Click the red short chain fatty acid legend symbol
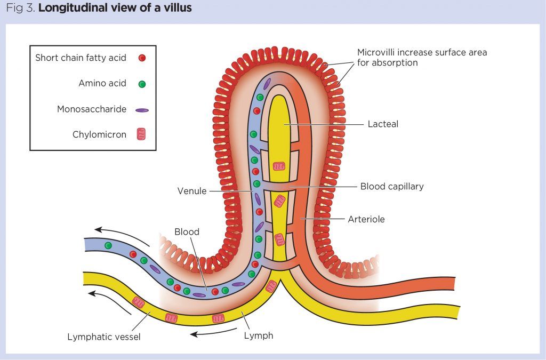(x=141, y=58)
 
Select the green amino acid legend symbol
(x=141, y=84)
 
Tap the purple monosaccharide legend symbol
(x=141, y=110)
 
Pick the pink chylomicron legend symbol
(x=141, y=135)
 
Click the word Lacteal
(x=383, y=124)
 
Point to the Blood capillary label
(x=392, y=187)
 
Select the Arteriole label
(x=366, y=219)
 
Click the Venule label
(x=192, y=191)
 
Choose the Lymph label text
(x=259, y=335)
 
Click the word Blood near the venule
(x=187, y=232)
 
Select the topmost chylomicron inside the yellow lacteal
(x=279, y=167)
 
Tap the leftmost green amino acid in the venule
(x=108, y=245)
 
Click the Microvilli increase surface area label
(x=422, y=58)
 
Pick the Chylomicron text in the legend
(x=99, y=135)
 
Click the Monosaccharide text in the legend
(x=92, y=109)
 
